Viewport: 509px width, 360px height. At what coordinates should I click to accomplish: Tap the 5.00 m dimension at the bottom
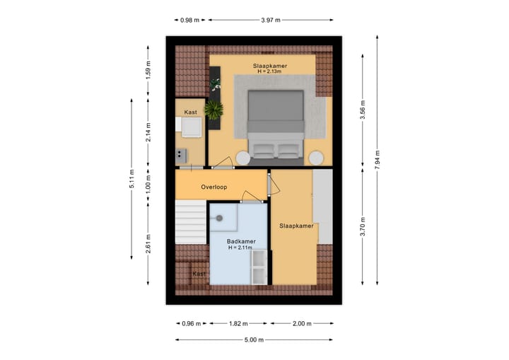point(254,340)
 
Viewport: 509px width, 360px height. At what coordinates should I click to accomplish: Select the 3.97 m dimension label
point(270,21)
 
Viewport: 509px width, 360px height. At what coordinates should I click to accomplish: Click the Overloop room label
point(213,187)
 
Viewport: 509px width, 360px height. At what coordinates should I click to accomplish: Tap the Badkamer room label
point(241,240)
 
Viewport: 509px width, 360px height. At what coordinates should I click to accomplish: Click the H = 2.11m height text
point(241,248)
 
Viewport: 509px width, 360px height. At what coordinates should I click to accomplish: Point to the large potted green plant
point(213,109)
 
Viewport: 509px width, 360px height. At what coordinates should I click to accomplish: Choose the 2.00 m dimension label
point(301,323)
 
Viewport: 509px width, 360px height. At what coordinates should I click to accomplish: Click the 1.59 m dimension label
point(148,71)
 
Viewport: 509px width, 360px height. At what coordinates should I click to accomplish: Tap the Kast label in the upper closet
point(191,112)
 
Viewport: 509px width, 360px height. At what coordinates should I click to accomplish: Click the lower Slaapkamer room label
point(296,226)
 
